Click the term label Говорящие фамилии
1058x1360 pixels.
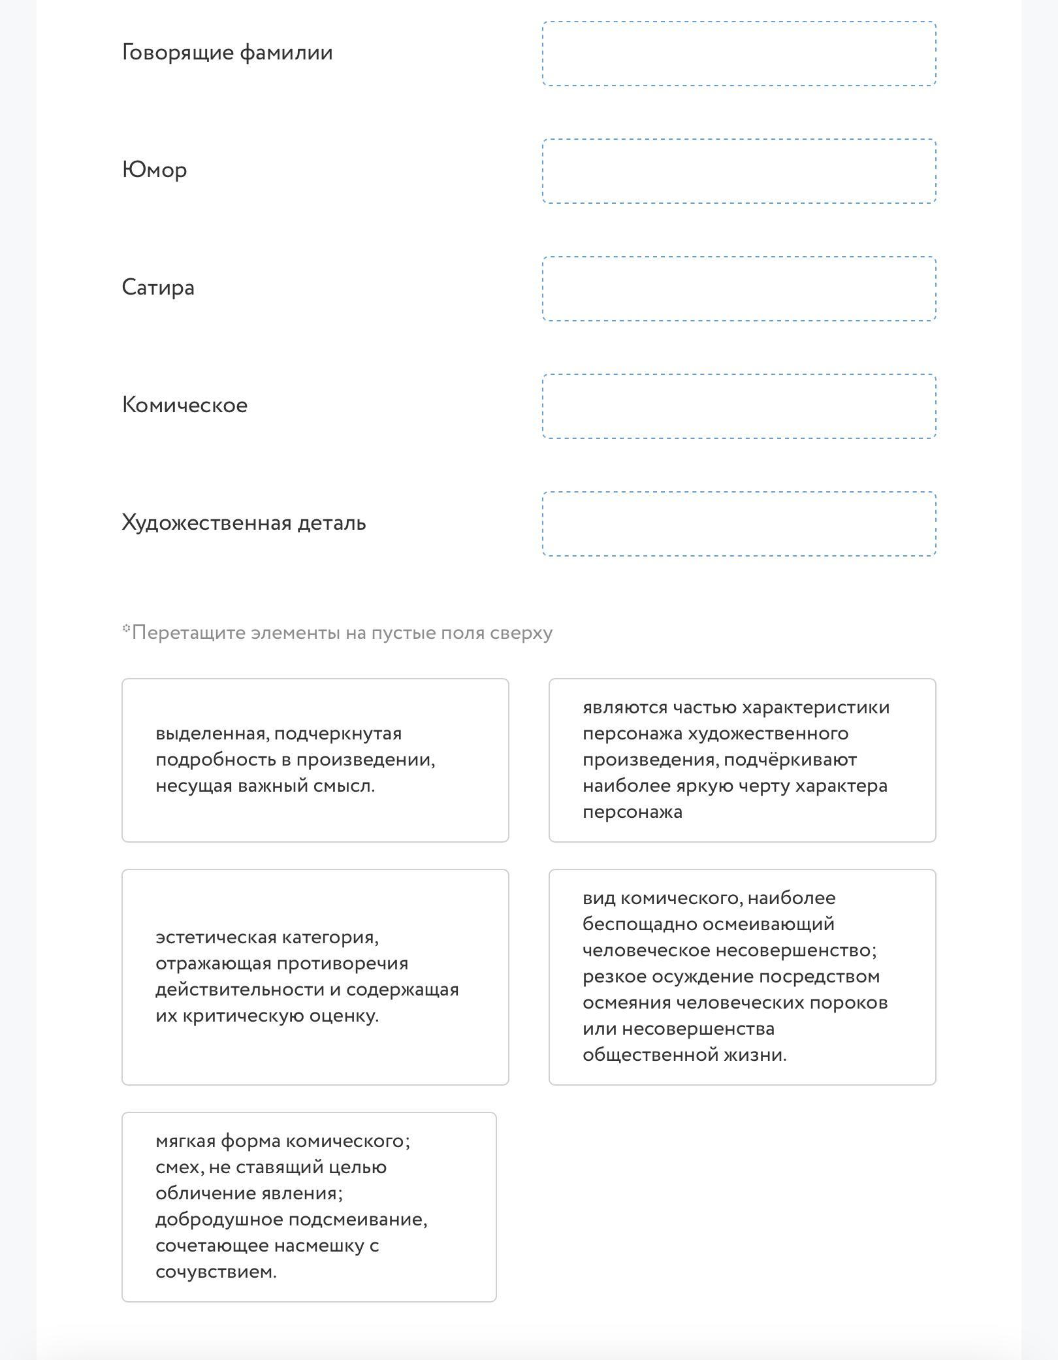tap(227, 53)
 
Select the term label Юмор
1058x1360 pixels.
tap(155, 170)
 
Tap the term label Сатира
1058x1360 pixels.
tap(158, 288)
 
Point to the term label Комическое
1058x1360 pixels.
tap(185, 406)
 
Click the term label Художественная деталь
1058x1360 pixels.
tap(244, 523)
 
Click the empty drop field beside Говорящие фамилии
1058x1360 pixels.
tap(739, 54)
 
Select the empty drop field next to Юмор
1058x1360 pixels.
tap(739, 171)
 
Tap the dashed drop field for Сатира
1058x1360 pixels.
tap(739, 289)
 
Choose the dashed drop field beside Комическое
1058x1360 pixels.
tap(739, 406)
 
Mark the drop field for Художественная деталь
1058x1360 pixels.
tap(739, 524)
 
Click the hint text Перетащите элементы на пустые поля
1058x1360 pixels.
tap(342, 633)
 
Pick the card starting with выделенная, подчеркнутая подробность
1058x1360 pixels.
tap(315, 760)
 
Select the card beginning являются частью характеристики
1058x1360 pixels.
tap(742, 760)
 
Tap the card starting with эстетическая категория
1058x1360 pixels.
tap(315, 977)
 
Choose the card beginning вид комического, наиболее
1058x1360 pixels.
tap(742, 977)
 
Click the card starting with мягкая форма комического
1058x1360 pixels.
tap(309, 1207)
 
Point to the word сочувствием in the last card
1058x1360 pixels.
tap(216, 1272)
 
